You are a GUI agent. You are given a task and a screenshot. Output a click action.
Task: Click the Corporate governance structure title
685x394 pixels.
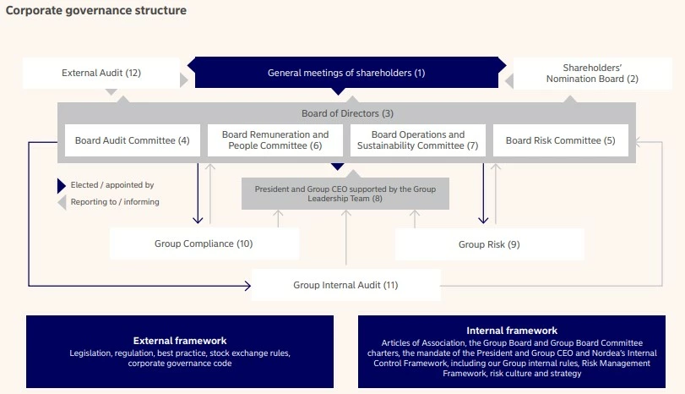pyautogui.click(x=96, y=11)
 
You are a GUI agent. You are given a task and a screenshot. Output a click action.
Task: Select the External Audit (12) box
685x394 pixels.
pyautogui.click(x=101, y=73)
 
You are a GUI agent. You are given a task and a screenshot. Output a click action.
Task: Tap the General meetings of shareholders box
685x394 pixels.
pyautogui.click(x=345, y=73)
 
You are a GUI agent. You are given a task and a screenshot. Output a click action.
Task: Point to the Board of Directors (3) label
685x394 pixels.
pyautogui.click(x=346, y=113)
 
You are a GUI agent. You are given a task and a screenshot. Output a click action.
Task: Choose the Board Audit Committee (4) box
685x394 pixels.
pyautogui.click(x=132, y=140)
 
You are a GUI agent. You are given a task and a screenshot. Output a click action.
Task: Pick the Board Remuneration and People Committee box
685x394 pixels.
pyautogui.click(x=275, y=140)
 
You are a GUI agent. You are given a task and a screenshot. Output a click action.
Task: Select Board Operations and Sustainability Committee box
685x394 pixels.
pyautogui.click(x=417, y=140)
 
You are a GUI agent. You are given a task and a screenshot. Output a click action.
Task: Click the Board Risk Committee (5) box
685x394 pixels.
pyautogui.click(x=561, y=140)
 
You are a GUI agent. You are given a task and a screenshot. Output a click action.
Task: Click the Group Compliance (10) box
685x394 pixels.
pyautogui.click(x=204, y=244)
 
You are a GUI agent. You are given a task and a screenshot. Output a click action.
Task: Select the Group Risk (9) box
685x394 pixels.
pyautogui.click(x=489, y=244)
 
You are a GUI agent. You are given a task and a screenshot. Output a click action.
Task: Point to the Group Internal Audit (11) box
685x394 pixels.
pyautogui.click(x=345, y=285)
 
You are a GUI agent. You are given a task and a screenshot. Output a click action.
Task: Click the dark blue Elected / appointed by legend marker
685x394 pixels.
pyautogui.click(x=61, y=185)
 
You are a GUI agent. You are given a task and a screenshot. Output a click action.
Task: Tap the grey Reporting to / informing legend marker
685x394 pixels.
pyautogui.click(x=61, y=202)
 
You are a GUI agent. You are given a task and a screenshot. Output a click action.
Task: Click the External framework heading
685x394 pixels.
pyautogui.click(x=180, y=341)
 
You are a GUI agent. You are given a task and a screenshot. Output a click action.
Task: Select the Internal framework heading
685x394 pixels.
pyautogui.click(x=512, y=331)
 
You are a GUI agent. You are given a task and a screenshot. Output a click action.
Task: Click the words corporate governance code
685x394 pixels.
pyautogui.click(x=180, y=364)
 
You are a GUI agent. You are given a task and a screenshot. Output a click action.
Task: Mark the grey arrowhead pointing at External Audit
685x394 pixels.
pyautogui.click(x=183, y=79)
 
